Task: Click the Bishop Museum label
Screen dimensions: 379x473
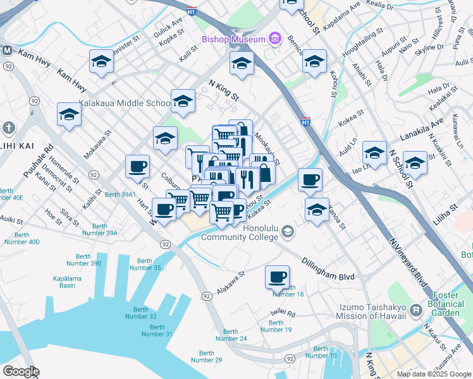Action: (233, 39)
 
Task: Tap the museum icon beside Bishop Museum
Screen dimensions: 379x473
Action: (274, 39)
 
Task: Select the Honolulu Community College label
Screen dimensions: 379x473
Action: (240, 232)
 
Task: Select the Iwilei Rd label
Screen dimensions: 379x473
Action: (283, 312)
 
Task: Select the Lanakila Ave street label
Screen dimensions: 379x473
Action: (421, 131)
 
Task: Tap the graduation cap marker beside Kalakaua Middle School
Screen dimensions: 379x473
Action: (183, 101)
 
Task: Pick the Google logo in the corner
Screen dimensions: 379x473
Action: (21, 371)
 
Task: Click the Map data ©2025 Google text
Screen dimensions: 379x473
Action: (434, 374)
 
